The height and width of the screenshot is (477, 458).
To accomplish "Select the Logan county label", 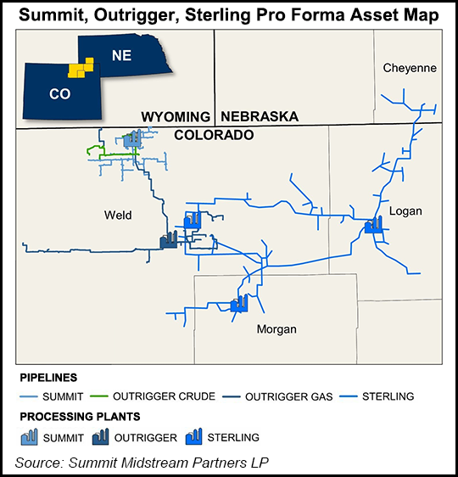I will tap(405, 210).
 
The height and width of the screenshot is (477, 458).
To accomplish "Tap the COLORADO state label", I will tap(215, 134).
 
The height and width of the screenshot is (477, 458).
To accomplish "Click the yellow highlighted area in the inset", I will tap(80, 68).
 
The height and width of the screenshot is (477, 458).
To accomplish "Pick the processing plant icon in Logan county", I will tap(374, 224).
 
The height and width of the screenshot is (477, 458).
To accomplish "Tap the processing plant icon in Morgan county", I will tap(239, 303).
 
